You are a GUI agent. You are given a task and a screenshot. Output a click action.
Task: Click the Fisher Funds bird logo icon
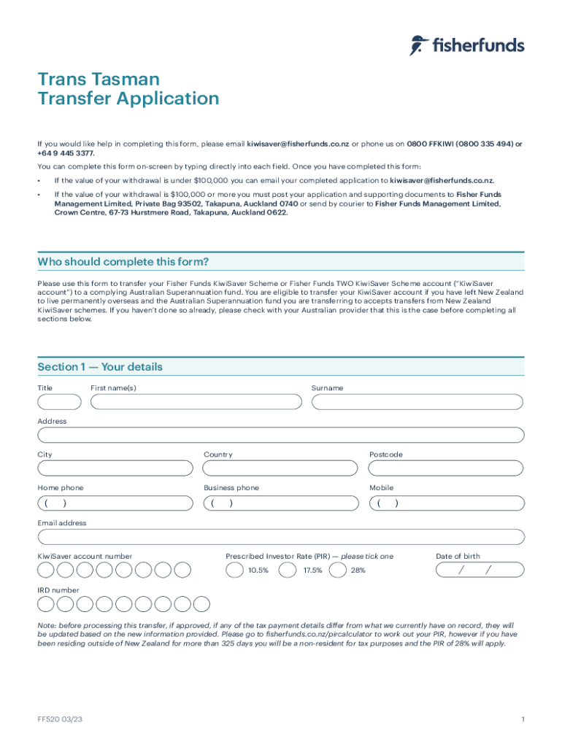[417, 45]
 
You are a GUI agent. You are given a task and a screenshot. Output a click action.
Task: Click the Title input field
[60, 402]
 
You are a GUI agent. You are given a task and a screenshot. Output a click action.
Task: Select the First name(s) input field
[196, 402]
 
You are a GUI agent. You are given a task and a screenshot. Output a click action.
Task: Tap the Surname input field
[417, 402]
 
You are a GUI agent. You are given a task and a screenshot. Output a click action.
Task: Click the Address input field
[281, 436]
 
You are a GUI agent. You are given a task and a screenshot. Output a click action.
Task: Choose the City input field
[115, 468]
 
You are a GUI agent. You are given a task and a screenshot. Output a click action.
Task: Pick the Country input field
[281, 468]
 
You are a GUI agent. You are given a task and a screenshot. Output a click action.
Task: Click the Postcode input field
[447, 468]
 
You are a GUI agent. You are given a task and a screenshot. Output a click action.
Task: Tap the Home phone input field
[115, 503]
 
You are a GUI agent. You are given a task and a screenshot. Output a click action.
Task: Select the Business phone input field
[281, 503]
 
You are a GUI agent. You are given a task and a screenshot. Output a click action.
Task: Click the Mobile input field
[447, 503]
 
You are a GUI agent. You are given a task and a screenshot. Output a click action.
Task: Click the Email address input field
[281, 538]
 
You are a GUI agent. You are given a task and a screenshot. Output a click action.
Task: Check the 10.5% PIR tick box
[234, 570]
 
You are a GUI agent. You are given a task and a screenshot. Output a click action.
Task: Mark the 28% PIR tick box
[338, 570]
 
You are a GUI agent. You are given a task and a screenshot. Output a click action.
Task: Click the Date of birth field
[480, 570]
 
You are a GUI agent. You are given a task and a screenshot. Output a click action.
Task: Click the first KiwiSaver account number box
[46, 570]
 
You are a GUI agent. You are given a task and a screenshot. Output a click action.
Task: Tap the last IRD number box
[201, 604]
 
